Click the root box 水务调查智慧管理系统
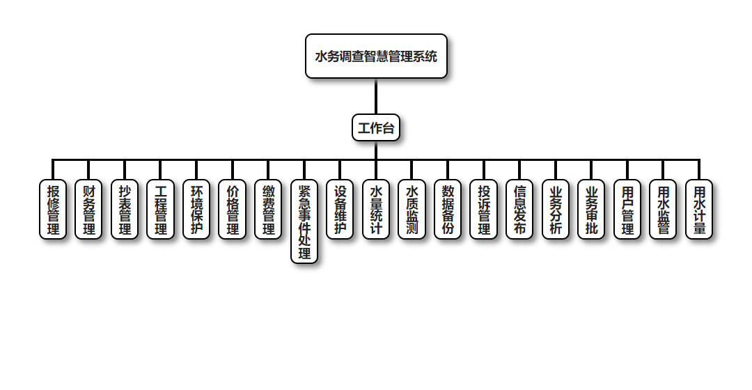376,56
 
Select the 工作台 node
376,127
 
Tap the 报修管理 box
53,209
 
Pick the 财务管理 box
89,209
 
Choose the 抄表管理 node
125,209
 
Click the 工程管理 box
161,209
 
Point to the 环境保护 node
196,209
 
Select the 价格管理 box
233,209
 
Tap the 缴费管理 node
268,209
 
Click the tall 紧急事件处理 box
304,221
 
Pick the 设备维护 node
340,209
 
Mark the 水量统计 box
376,209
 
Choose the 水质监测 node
412,209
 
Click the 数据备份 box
448,209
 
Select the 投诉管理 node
484,209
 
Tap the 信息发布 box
519,209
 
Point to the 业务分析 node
556,209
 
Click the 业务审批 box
592,209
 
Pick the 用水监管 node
664,209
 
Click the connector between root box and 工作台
376,96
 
